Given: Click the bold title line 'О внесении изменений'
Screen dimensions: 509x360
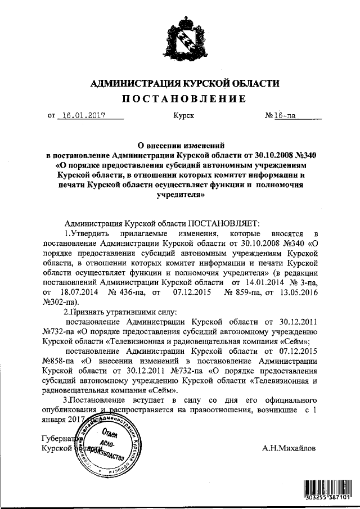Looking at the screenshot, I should pyautogui.click(x=181, y=144).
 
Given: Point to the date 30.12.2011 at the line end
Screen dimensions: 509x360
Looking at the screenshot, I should pyautogui.click(x=298, y=321).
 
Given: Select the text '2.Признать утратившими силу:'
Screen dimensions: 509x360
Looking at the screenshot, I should pyautogui.click(x=120, y=312).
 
